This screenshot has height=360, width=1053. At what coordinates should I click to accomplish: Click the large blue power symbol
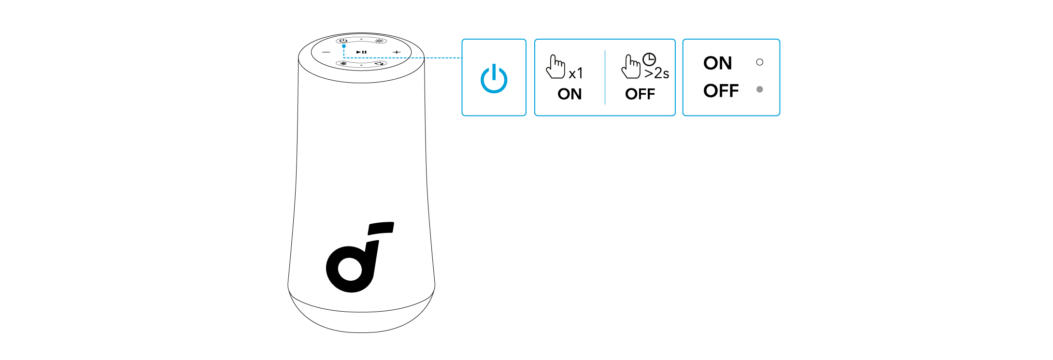(x=494, y=78)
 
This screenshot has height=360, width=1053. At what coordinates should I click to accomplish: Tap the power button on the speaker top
(x=343, y=41)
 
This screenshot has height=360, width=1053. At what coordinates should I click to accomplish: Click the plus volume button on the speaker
(x=397, y=52)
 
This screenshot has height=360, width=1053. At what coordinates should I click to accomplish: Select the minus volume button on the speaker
(x=327, y=52)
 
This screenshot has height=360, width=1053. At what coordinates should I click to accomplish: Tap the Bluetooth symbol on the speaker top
(x=344, y=64)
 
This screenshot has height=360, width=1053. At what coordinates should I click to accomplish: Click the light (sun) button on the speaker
(x=379, y=41)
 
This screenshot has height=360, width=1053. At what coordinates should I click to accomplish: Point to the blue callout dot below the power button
(x=343, y=46)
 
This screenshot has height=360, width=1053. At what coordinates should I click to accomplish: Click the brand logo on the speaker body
(x=360, y=257)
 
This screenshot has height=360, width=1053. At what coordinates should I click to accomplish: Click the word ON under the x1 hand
(x=569, y=94)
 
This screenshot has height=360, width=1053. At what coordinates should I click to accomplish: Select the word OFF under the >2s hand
(x=640, y=94)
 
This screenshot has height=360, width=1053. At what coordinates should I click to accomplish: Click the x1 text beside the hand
(x=576, y=73)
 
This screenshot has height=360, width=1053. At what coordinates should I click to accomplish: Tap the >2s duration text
(x=656, y=73)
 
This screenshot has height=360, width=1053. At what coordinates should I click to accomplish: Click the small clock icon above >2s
(x=649, y=59)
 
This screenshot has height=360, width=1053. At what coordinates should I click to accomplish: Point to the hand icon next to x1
(x=555, y=67)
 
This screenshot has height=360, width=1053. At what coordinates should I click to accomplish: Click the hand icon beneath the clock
(x=631, y=67)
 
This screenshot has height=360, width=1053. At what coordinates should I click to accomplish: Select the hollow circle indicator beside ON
(x=759, y=62)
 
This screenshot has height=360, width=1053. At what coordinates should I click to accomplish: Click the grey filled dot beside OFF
(x=759, y=89)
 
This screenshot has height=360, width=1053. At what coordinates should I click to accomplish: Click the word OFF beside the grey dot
(x=721, y=90)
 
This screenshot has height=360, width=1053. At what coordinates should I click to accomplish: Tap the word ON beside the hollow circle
(x=718, y=63)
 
